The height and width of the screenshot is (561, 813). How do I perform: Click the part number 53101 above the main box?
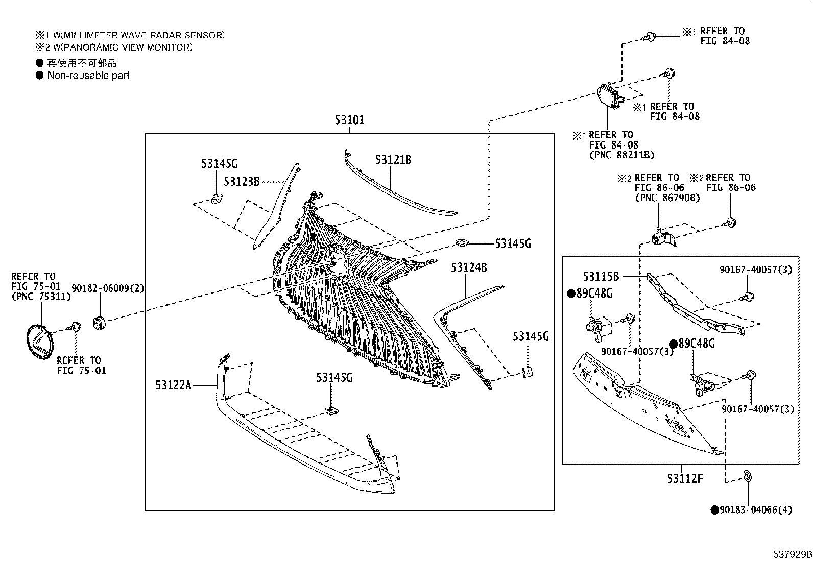(x=349, y=120)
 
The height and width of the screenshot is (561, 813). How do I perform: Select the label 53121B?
(x=393, y=160)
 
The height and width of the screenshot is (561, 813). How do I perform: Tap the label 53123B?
(x=242, y=181)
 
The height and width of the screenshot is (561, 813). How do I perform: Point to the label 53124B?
(x=469, y=267)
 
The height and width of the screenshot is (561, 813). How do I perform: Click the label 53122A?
(x=174, y=385)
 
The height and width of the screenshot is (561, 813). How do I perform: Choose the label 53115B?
(x=601, y=277)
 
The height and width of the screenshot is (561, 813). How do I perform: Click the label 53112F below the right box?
(x=685, y=479)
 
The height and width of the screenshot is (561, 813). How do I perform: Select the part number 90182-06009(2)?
(x=108, y=288)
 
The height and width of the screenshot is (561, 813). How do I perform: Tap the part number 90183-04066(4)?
(x=756, y=510)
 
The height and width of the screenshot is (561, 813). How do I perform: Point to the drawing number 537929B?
(x=792, y=554)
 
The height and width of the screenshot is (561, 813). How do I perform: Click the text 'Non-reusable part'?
(x=88, y=76)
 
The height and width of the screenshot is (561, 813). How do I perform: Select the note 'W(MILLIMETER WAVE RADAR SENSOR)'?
(x=139, y=35)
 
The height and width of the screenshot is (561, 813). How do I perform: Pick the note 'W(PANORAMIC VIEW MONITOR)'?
(x=123, y=47)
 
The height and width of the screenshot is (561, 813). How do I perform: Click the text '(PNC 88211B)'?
(x=622, y=155)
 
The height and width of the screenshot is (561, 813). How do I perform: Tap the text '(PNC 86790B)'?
(x=668, y=198)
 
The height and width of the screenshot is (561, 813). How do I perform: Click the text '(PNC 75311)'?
(x=41, y=297)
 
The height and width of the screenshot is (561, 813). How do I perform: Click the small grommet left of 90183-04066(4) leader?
(x=747, y=476)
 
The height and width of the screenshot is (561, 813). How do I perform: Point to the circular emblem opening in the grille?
(x=337, y=262)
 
